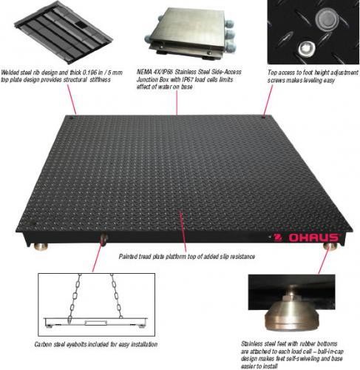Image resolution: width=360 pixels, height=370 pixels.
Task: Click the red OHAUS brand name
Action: [313, 238]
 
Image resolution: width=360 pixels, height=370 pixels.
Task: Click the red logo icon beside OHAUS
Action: [278, 238]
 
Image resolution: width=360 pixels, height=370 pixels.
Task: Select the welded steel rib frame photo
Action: [63, 31]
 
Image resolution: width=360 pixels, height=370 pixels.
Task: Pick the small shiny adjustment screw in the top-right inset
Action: [306, 49]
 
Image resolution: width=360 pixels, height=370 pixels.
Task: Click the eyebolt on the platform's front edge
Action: [103, 239]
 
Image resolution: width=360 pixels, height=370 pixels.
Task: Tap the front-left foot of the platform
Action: [41, 246]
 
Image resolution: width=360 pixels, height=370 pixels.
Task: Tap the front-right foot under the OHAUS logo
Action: [330, 246]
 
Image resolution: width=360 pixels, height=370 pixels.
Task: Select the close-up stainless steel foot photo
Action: [291, 303]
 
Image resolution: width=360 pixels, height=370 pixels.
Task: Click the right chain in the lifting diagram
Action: [116, 296]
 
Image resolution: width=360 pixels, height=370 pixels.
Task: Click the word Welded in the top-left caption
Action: [10, 73]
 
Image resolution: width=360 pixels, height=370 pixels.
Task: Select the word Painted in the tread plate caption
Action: [128, 257]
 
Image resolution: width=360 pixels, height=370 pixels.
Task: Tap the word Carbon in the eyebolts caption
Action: [43, 344]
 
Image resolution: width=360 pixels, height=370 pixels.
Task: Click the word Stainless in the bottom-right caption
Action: [252, 343]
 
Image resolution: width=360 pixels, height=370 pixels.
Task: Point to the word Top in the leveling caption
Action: [272, 73]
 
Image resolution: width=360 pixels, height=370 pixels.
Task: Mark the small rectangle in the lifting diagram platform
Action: [96, 323]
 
